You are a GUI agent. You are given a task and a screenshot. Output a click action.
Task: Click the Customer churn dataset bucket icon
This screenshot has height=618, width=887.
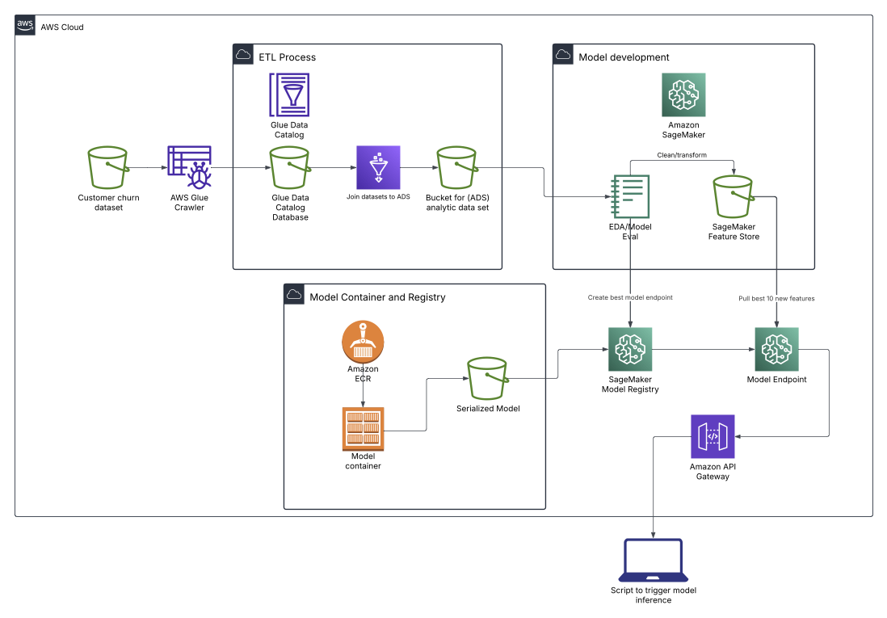point(108,168)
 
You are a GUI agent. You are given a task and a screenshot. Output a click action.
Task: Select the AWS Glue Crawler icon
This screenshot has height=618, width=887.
point(189,168)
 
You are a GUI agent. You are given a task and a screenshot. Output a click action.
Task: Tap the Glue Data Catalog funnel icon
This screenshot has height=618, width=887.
point(289,95)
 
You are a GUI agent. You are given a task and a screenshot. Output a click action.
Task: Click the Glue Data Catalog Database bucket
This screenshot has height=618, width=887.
point(289,168)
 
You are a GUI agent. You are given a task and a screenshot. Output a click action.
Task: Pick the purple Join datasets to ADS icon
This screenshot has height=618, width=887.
point(378,167)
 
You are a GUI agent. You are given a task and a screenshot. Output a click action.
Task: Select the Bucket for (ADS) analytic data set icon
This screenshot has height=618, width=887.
point(457,168)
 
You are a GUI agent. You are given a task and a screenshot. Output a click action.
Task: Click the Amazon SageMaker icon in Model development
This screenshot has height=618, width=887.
point(683,95)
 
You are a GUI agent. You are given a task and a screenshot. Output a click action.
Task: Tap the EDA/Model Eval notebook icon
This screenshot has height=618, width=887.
point(631,196)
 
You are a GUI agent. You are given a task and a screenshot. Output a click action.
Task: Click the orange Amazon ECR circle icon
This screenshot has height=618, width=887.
point(363,343)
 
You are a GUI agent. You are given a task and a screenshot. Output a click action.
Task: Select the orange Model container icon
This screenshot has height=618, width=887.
point(363,428)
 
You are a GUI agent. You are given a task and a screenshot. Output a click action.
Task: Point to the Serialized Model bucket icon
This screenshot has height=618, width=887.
point(487,378)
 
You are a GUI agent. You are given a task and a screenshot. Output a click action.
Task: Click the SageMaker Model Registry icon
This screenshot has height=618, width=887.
point(630,349)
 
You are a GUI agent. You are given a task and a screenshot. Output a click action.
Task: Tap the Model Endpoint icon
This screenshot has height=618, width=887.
point(776,349)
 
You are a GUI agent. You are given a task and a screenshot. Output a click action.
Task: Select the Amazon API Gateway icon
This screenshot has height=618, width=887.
point(713,436)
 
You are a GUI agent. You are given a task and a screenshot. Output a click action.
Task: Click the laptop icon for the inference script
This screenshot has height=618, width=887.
point(653,561)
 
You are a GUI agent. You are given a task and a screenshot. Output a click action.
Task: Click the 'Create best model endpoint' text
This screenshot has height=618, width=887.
point(630,298)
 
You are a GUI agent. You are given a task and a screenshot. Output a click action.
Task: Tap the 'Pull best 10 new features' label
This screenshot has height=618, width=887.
point(776,298)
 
